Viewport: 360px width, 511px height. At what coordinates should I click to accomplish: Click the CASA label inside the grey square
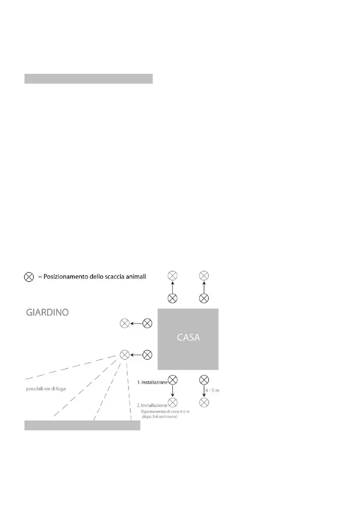coord(189,337)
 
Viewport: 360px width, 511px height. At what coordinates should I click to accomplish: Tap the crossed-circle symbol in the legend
coord(29,277)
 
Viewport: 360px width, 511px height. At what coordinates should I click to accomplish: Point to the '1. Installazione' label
coord(151,382)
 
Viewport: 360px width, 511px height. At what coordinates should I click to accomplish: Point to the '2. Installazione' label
coord(151,405)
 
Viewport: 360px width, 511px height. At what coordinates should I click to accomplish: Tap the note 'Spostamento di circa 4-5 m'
coord(166,411)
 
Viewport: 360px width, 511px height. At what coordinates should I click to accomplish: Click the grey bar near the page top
coord(88,79)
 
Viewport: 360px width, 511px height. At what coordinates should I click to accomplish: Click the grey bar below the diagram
coord(82,425)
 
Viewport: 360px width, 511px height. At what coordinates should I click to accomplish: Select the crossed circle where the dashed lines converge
coord(124,355)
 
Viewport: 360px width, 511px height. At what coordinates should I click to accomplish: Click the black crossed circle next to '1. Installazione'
coord(172,380)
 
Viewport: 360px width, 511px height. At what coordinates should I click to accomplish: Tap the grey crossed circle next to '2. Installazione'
coord(172,402)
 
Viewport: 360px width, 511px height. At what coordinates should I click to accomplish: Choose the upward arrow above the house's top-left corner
coord(172,287)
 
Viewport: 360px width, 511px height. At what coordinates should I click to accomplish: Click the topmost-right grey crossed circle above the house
coord(204,275)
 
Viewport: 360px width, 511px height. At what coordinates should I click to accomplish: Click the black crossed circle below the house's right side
coord(204,380)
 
